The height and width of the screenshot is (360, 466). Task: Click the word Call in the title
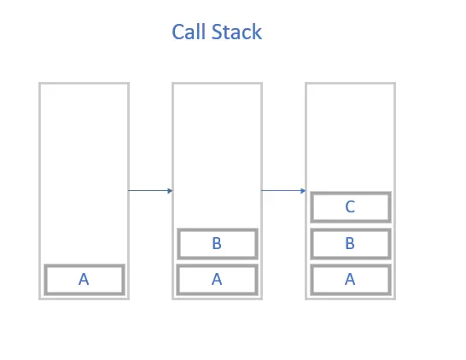[x=189, y=32]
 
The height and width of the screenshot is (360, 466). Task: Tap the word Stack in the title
[x=237, y=32]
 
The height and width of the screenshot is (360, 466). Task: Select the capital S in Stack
[x=217, y=32]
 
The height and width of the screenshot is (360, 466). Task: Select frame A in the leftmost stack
[x=84, y=280]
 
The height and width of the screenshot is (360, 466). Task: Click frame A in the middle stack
[x=217, y=280]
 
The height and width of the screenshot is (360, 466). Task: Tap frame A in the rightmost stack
[x=351, y=280]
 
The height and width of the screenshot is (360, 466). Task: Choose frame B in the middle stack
[x=218, y=244]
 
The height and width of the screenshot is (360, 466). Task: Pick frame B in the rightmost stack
[x=351, y=244]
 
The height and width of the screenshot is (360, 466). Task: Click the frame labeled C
[x=351, y=207]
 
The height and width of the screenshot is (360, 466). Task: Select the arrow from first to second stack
[x=150, y=190]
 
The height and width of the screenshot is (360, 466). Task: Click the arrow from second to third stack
[x=283, y=190]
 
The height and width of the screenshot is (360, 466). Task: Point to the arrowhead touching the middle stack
[x=171, y=190]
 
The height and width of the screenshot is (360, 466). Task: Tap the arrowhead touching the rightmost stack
[x=304, y=190]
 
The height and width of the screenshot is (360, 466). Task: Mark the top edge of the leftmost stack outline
[x=84, y=84]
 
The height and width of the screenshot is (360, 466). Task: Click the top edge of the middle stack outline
[x=218, y=84]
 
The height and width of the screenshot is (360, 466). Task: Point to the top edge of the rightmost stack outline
[x=351, y=84]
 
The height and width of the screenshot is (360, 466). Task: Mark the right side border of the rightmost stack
[x=394, y=191]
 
